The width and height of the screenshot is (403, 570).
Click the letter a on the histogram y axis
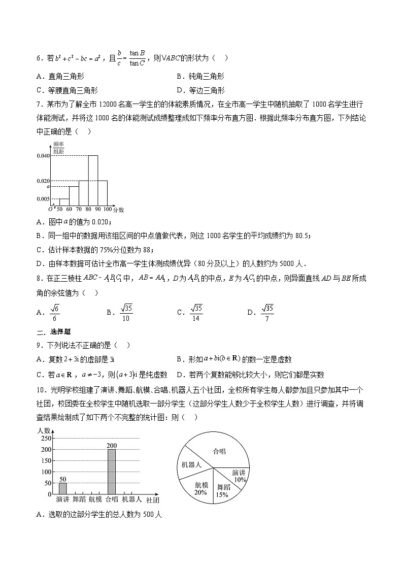[x=48, y=187]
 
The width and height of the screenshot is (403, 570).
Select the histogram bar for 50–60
[x=64, y=202]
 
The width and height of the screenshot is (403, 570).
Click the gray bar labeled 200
[x=112, y=472]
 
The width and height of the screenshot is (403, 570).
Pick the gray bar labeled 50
[x=62, y=488]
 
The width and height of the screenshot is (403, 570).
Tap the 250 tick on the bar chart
[x=46, y=439]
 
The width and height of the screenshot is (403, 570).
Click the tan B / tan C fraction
[x=137, y=58]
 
